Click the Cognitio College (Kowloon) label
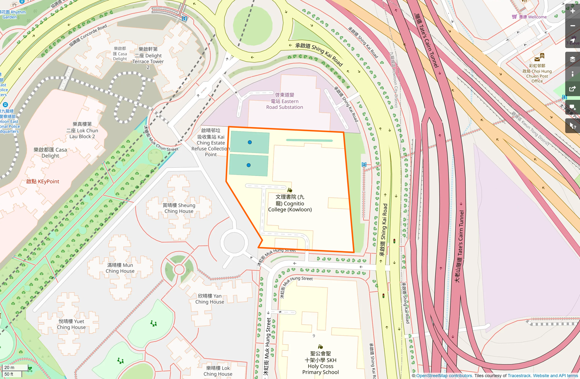coord(290,203)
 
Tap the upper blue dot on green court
coord(250,142)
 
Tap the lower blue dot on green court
coord(248,165)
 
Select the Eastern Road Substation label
coord(284,101)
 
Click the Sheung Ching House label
coord(179,208)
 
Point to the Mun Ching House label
coord(120,268)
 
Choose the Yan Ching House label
coord(210,299)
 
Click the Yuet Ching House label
coord(71,324)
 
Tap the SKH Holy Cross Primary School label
coord(320,363)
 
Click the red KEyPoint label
coord(42,181)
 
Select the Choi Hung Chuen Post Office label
coord(537,73)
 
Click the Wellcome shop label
coord(533,17)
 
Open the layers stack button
coord(572,59)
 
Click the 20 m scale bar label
coord(10,367)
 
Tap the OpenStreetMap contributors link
coord(444,376)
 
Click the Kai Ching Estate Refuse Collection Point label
coord(211,143)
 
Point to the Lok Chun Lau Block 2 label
coord(82,130)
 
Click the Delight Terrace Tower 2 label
coord(148,58)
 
